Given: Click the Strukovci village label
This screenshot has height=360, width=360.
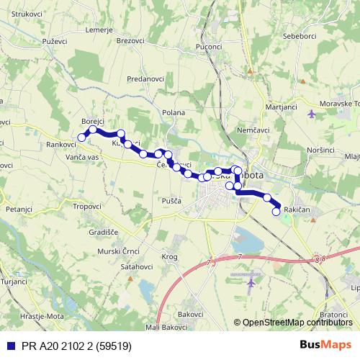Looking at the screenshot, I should pyautogui.click(x=27, y=14).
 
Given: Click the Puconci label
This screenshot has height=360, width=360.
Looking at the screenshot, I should pyautogui.click(x=208, y=47).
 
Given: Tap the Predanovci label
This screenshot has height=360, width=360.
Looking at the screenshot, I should pyautogui.click(x=146, y=78).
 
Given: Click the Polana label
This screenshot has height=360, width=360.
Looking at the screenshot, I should pyautogui.click(x=174, y=112).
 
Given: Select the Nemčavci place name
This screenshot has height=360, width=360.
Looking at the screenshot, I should pyautogui.click(x=253, y=130).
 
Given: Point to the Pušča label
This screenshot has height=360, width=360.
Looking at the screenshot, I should pyautogui.click(x=171, y=201).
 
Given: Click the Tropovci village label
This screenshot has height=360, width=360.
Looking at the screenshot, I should pyautogui.click(x=86, y=206).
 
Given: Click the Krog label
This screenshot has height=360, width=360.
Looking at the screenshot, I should pyautogui.click(x=170, y=256).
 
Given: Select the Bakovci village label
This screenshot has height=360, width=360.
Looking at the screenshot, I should pyautogui.click(x=191, y=315).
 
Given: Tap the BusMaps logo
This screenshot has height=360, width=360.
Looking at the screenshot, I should pyautogui.click(x=325, y=345).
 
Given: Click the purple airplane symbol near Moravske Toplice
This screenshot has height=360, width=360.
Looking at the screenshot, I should pyautogui.click(x=311, y=113).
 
